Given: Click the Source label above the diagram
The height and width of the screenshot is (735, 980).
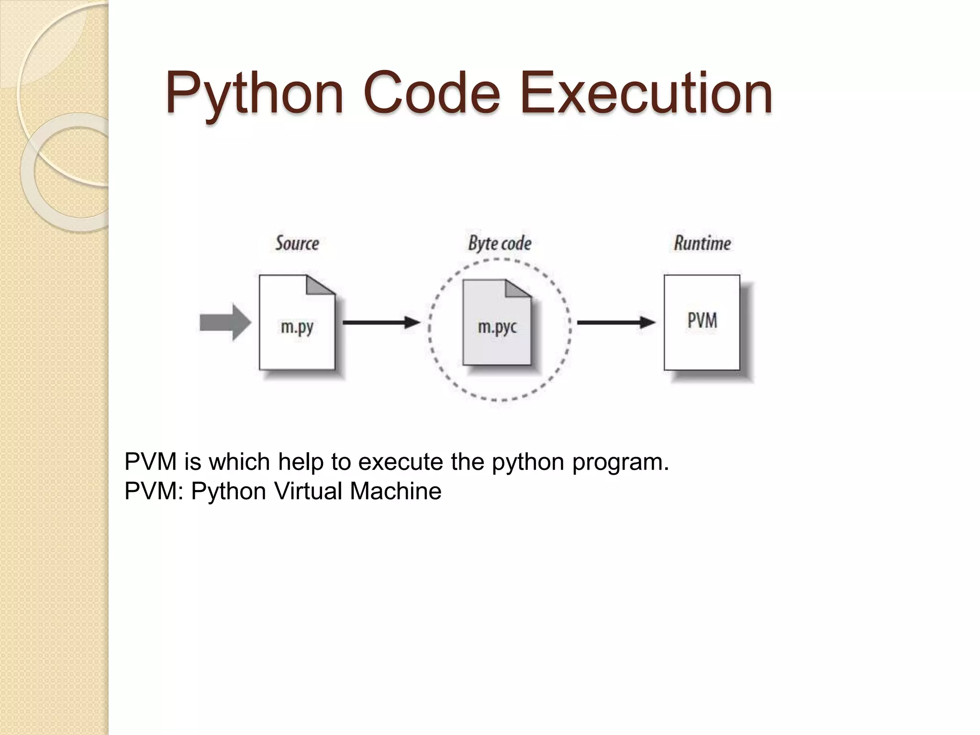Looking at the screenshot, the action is (297, 244).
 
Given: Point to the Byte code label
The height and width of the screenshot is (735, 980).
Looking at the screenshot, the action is (500, 244).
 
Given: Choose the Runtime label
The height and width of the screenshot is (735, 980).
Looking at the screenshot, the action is (702, 244).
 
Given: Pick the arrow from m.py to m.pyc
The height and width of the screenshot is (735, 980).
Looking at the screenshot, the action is (381, 322).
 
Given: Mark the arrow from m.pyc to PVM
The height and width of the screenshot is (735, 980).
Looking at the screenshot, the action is (615, 322).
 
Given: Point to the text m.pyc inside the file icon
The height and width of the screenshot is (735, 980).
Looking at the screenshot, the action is (497, 327).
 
